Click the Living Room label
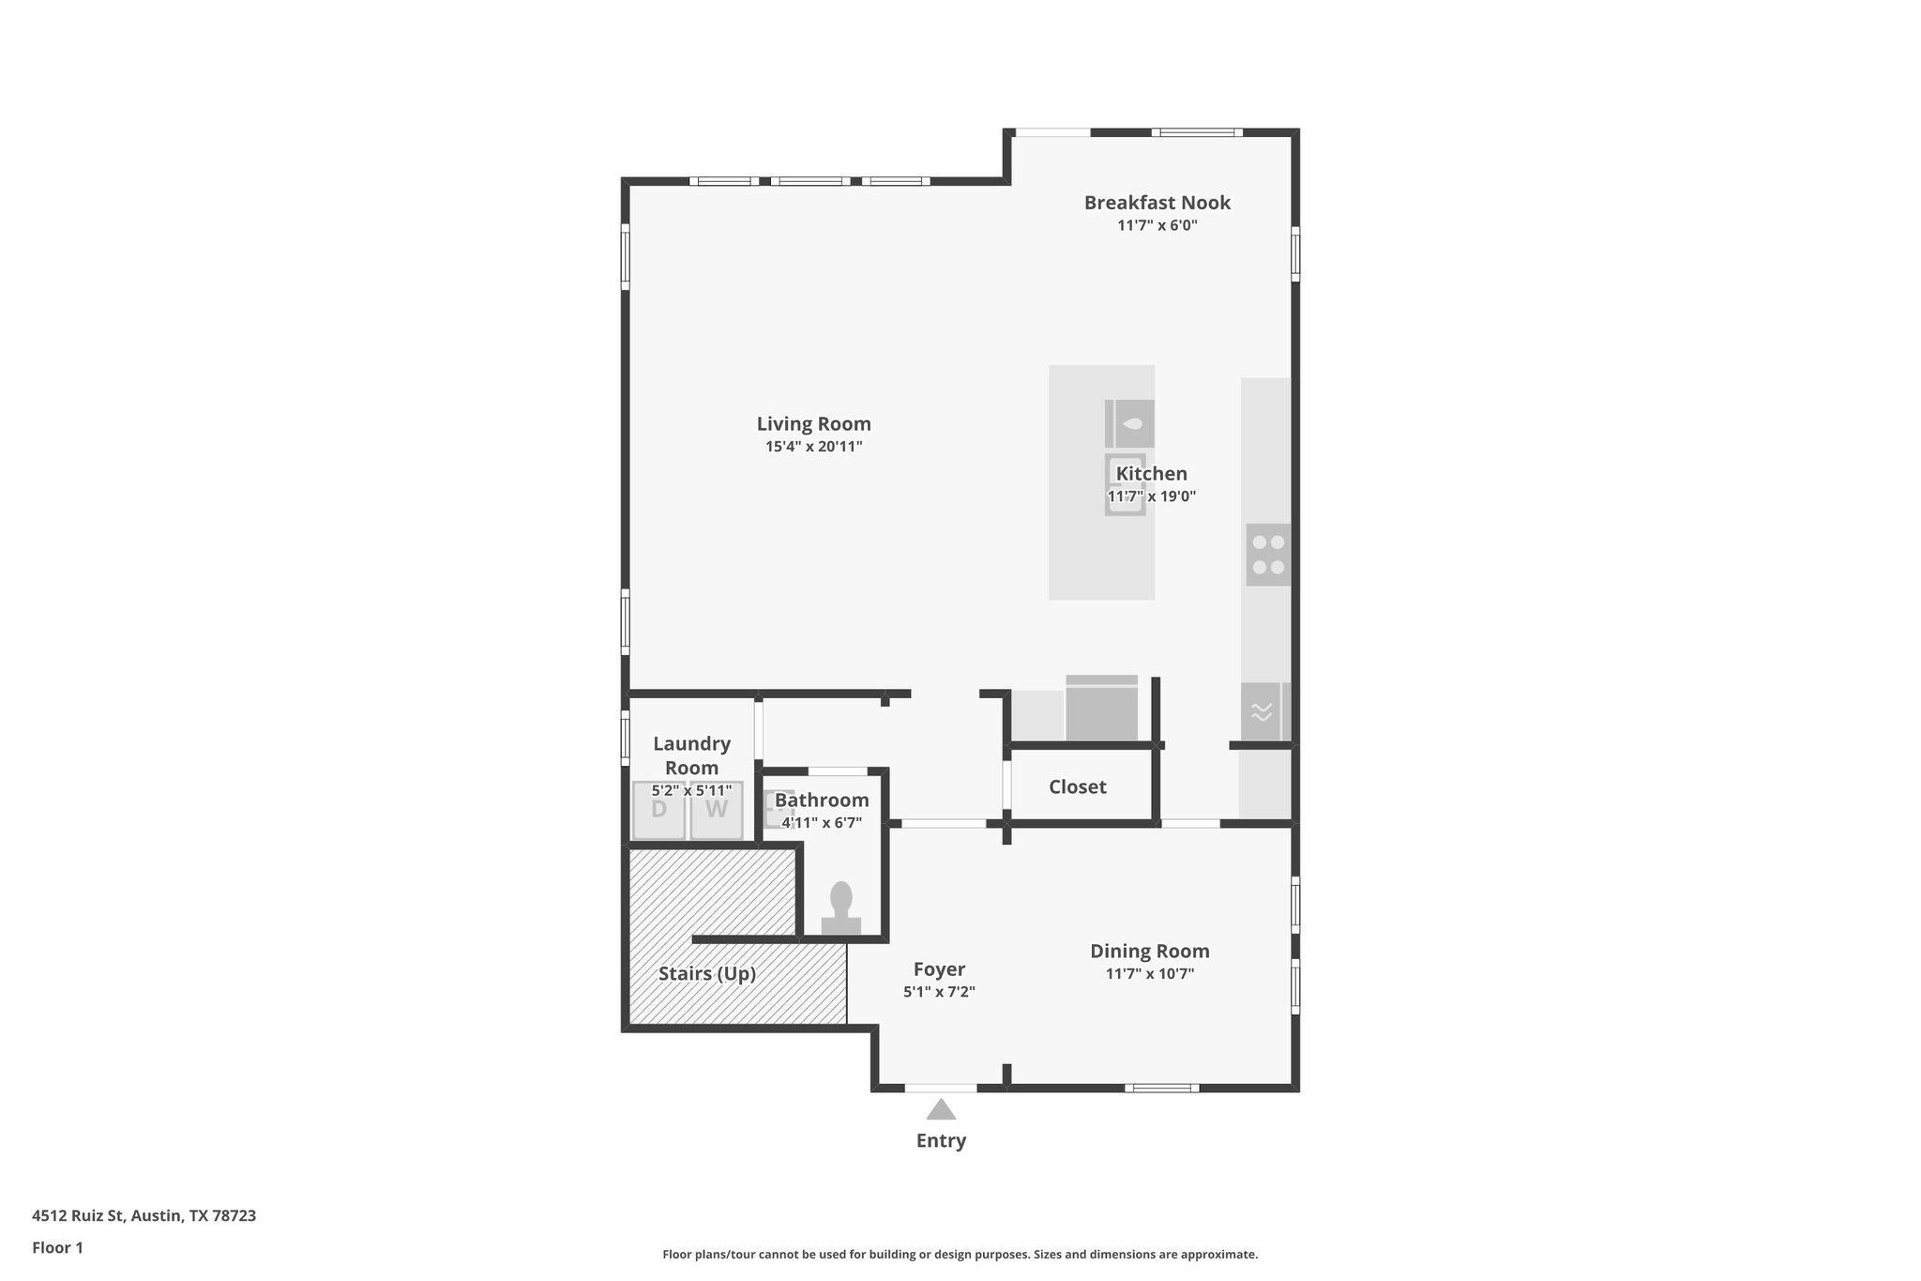(x=813, y=423)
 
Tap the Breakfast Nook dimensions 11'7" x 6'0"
(x=1157, y=225)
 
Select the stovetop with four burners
(x=1268, y=555)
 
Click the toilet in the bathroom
(x=840, y=908)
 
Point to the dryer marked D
(x=659, y=810)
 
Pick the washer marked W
(x=717, y=810)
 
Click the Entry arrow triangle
(x=941, y=1110)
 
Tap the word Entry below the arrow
(x=941, y=1140)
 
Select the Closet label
(x=1077, y=786)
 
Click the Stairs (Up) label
(x=706, y=973)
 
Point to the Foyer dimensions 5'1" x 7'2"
(x=939, y=992)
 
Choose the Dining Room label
(x=1149, y=951)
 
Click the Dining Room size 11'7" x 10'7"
(x=1149, y=974)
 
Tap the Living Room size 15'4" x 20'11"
(x=813, y=447)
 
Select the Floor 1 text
(x=57, y=1247)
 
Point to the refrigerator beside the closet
(x=1101, y=709)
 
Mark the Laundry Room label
(x=691, y=755)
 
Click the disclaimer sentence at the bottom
(x=960, y=1254)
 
